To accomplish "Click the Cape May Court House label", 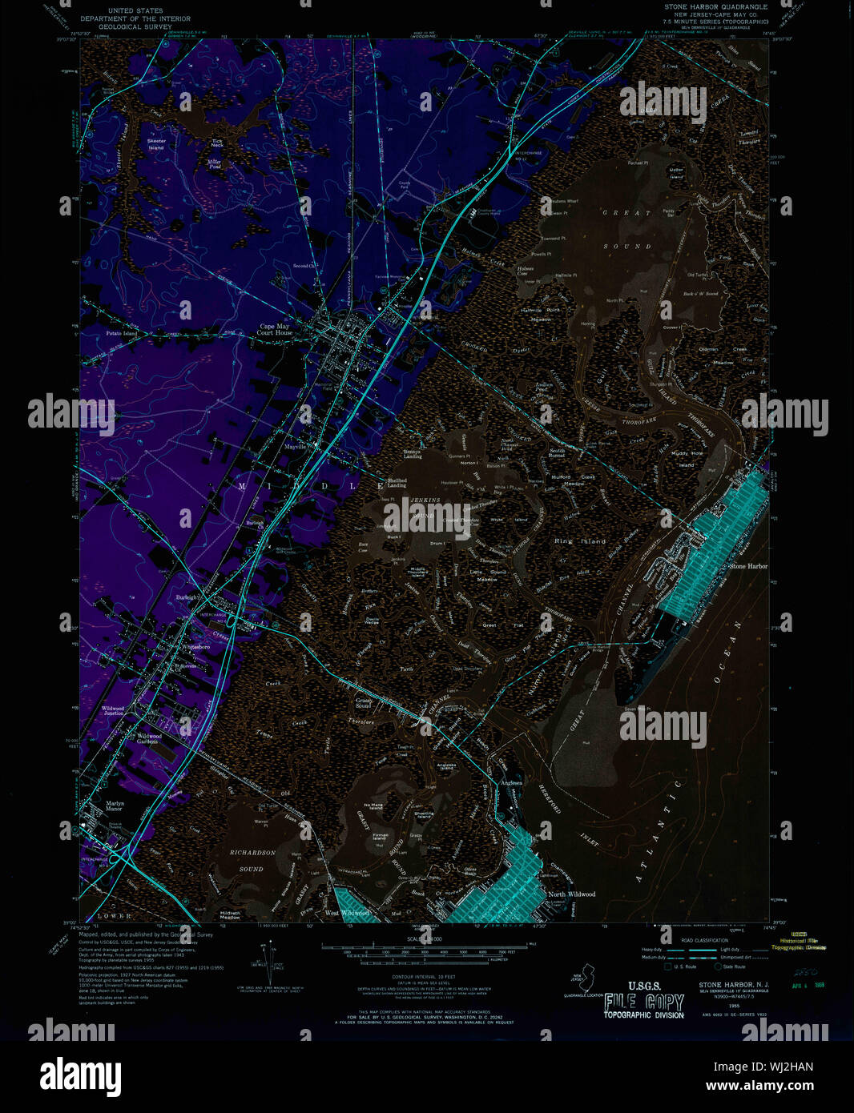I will pos(274,329).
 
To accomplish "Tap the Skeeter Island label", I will pos(155,144).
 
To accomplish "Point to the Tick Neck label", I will pos(216,143).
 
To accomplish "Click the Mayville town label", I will pos(295,447).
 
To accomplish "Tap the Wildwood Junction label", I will pos(113,710).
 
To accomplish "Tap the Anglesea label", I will pos(510,782).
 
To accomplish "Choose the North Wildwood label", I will pos(571,894).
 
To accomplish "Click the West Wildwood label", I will pos(347,913).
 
